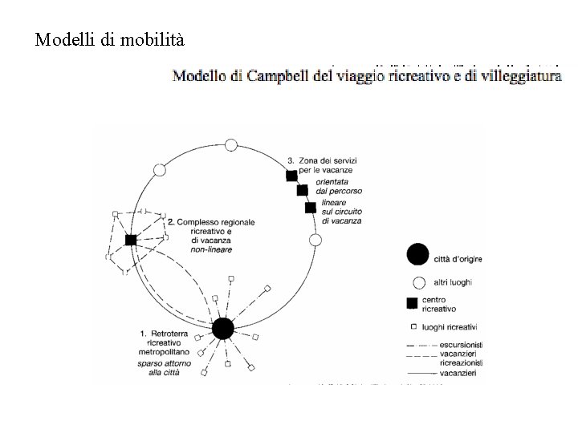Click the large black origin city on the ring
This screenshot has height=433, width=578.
coord(222,328)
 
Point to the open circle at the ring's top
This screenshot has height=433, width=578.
coord(231,145)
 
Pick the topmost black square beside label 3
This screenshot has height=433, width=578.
coord(291,176)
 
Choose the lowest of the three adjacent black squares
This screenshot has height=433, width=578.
coord(310,208)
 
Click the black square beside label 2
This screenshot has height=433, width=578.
coord(130,240)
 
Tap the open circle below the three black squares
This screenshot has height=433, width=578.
coord(315,240)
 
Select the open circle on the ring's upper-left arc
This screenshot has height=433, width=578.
coord(159,170)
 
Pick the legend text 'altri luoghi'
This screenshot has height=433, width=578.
coord(454,282)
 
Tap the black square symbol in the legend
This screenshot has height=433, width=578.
coord(412,303)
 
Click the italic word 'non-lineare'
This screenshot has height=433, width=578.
coord(212,249)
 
